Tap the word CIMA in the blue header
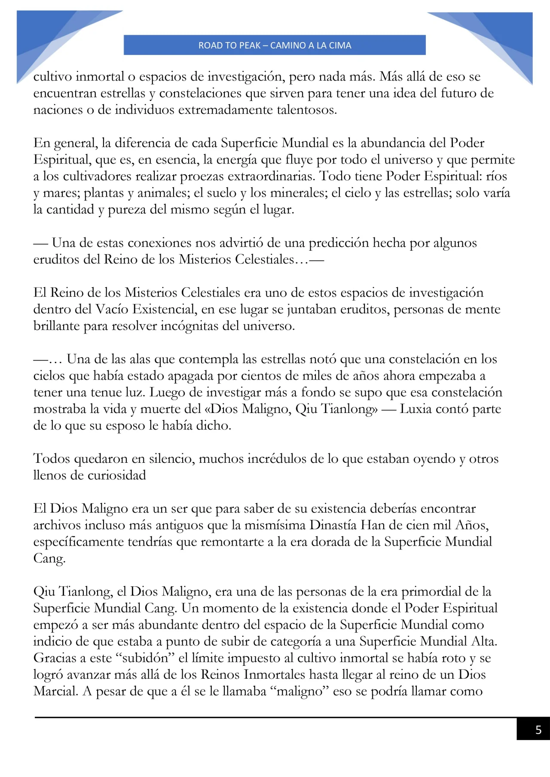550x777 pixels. pos(340,46)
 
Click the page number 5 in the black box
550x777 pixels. pos(538,730)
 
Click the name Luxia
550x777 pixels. pos(416,409)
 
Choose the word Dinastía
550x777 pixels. pos(333,525)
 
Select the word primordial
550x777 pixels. pos(431,592)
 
